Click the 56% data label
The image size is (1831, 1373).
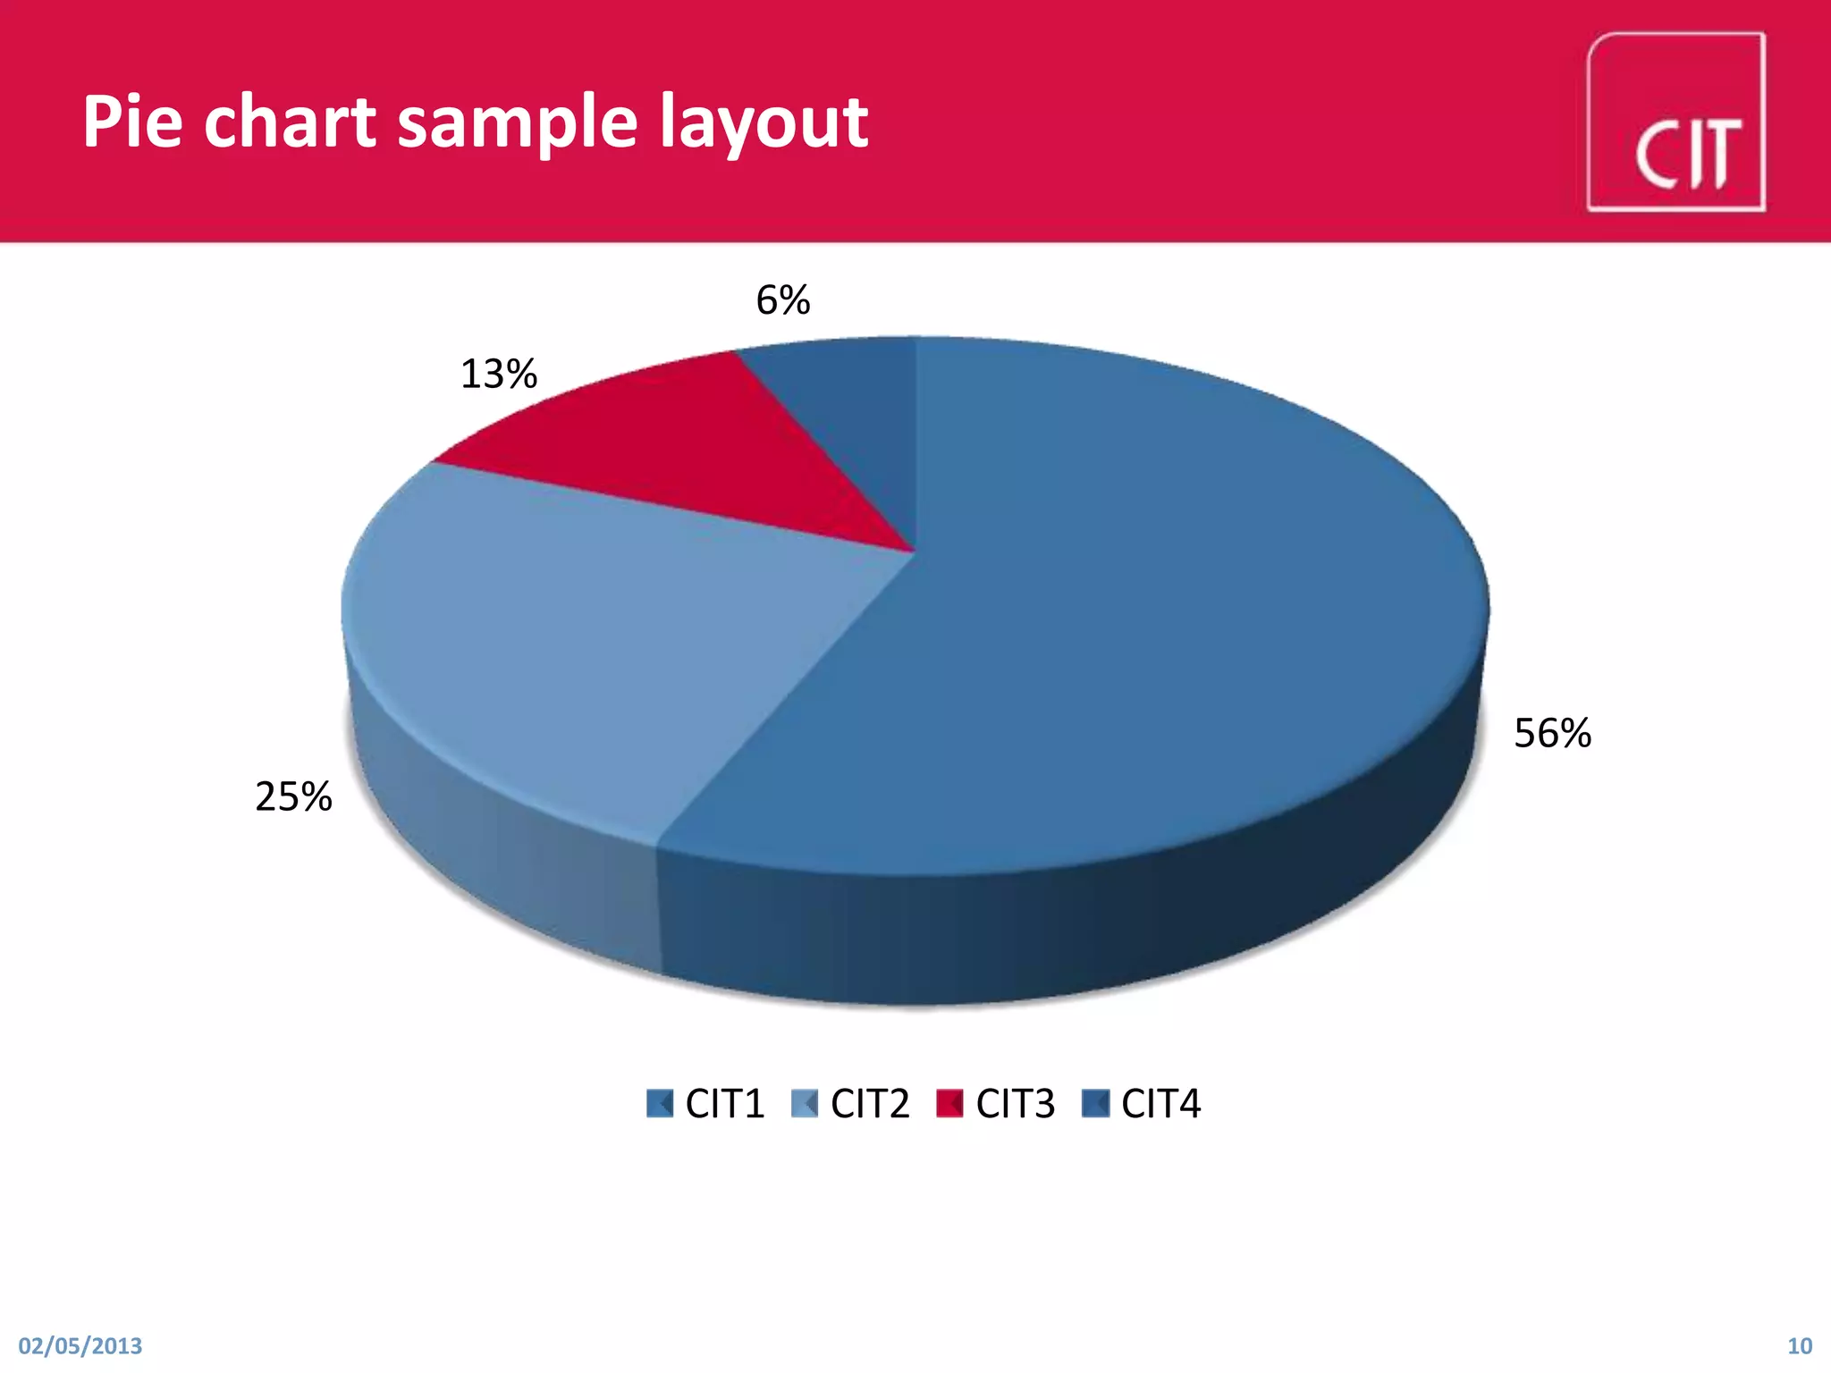(x=1552, y=734)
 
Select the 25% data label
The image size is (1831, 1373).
(x=293, y=796)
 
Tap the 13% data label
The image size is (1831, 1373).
(x=498, y=374)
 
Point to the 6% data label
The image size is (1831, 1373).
(x=783, y=300)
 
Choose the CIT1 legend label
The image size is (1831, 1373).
(x=724, y=1104)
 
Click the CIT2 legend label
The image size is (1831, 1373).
(x=870, y=1104)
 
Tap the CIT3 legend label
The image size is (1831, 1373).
(x=1016, y=1104)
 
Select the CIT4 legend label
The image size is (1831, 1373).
(x=1160, y=1104)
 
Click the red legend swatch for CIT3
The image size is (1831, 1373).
(x=949, y=1104)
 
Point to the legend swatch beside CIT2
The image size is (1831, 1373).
(x=805, y=1104)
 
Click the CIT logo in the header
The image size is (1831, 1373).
(x=1675, y=122)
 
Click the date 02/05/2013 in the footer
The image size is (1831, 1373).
(x=80, y=1346)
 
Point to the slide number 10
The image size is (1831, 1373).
(x=1799, y=1346)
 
